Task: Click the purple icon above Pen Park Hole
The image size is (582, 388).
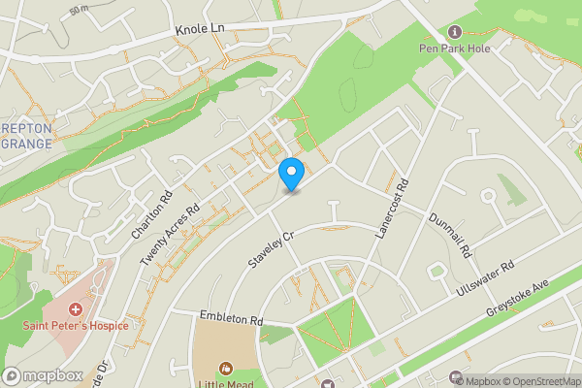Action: tap(456, 32)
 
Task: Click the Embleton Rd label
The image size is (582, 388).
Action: tap(231, 318)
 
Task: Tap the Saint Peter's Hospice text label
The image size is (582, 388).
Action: tap(76, 325)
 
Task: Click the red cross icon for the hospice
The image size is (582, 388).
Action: tap(76, 309)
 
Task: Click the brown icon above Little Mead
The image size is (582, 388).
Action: tap(226, 368)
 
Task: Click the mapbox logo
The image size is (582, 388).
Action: tap(43, 375)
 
